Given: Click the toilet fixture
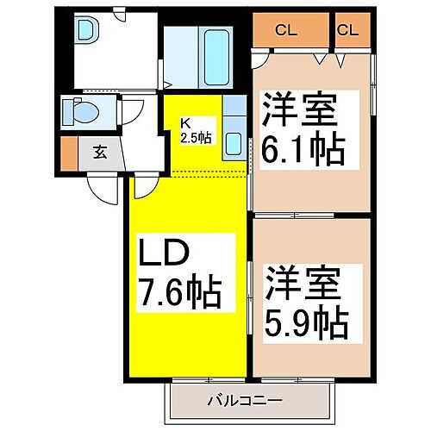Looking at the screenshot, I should point(84,111).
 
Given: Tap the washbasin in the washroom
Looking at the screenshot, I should point(87,33).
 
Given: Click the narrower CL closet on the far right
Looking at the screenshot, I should point(348,30).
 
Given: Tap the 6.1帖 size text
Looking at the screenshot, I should point(303,151).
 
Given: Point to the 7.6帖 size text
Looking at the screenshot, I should point(181,293).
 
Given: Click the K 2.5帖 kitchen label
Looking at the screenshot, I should point(196,131).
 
